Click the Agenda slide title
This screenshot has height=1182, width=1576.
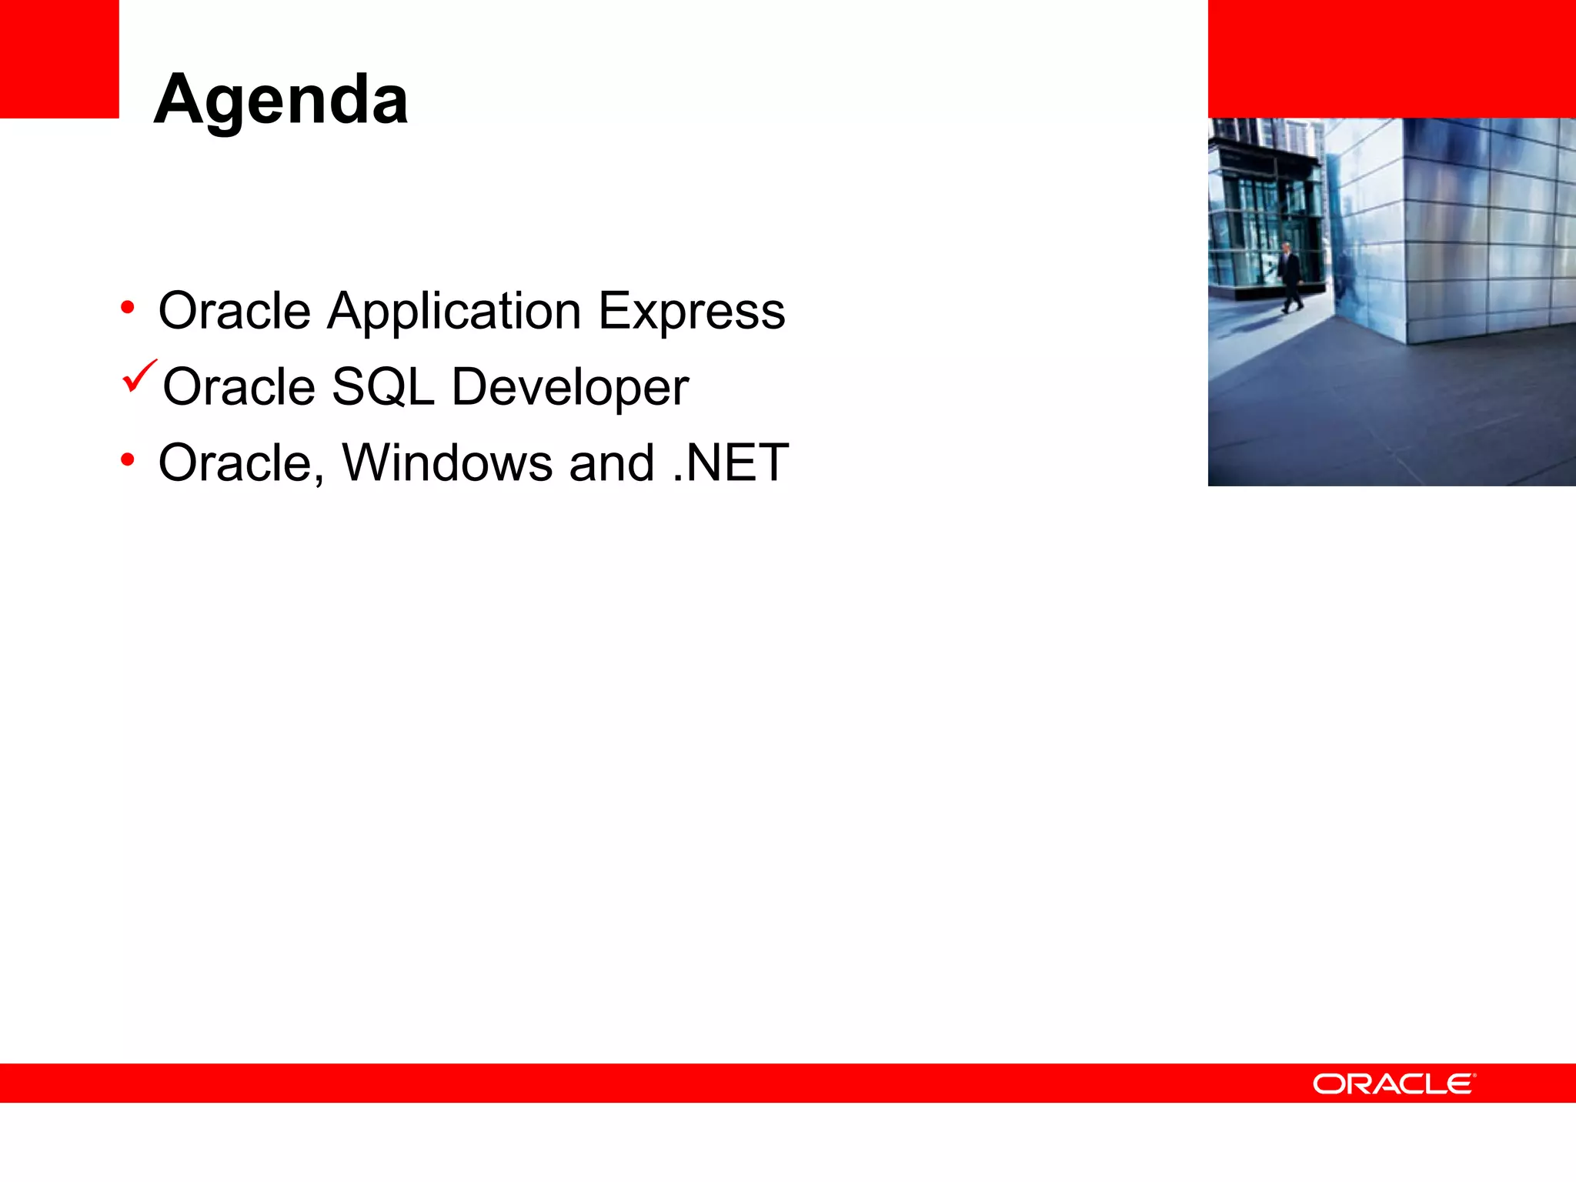pos(281,100)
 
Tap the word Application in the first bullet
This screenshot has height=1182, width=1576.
pos(454,312)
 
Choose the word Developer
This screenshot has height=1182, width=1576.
pos(569,387)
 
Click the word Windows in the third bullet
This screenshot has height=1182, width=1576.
pos(447,463)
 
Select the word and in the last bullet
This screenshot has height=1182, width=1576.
pos(612,463)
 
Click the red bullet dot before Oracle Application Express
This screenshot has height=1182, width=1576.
pos(128,309)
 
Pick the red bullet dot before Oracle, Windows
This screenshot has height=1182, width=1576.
pos(128,461)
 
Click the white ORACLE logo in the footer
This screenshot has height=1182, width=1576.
pos(1394,1084)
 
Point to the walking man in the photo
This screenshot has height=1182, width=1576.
pos(1290,277)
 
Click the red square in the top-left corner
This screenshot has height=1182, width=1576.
pos(59,58)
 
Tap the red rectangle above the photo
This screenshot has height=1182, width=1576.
pos(1391,58)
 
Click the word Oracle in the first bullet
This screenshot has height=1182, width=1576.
pos(234,312)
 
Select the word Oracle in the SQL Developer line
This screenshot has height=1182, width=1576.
pos(239,387)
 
